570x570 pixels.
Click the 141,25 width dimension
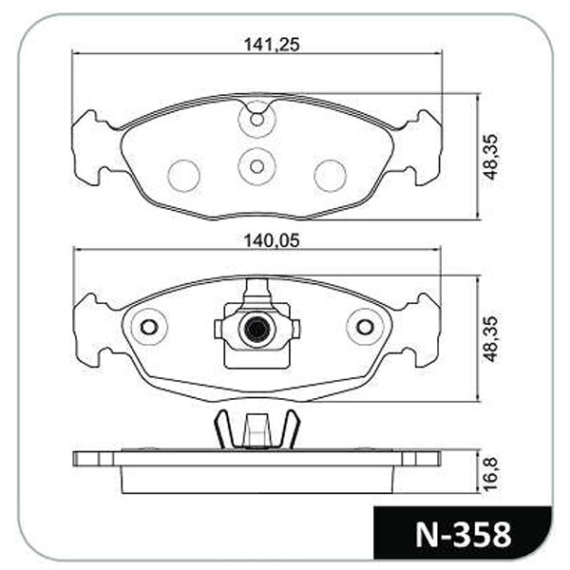tap(272, 45)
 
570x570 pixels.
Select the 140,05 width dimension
tap(272, 240)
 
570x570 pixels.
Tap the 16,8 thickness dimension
tap(490, 474)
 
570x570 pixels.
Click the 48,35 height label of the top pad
tap(490, 157)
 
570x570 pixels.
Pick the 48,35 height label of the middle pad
tap(490, 339)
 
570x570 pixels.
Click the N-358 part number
tap(464, 535)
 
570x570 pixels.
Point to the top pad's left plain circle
tap(183, 176)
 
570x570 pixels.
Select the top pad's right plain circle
tap(331, 176)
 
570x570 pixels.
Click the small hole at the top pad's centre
tap(257, 166)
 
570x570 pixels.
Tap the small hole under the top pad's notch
tap(257, 120)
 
